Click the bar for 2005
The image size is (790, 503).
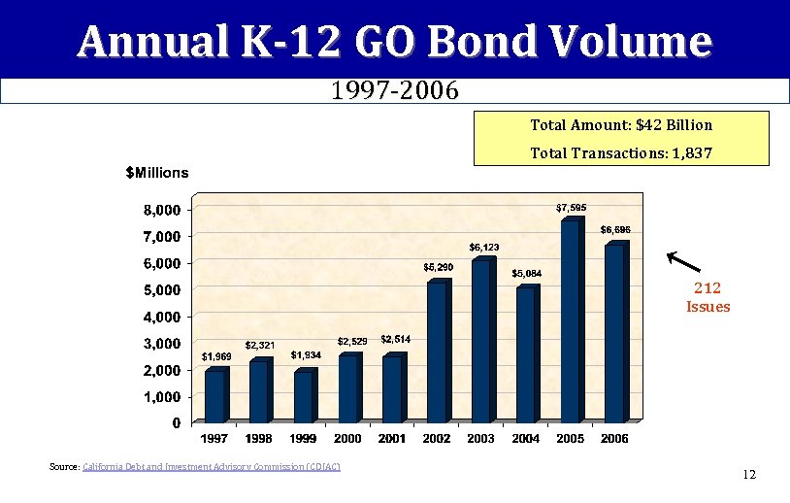pos(570,321)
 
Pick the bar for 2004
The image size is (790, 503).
pos(525,354)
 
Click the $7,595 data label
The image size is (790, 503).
pos(571,207)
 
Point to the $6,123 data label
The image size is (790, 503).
pos(484,247)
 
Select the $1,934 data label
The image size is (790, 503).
pos(306,354)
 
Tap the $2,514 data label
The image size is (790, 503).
pos(395,339)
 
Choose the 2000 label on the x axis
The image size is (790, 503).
pos(347,439)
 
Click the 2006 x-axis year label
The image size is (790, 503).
pos(614,439)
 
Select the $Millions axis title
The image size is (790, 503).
pos(157,173)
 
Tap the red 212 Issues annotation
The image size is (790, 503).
pos(708,297)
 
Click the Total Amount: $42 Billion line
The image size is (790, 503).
pos(621,125)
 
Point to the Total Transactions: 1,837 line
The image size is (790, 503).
pos(621,153)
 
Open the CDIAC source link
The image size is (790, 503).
pos(212,468)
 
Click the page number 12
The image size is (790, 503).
pos(748,474)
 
